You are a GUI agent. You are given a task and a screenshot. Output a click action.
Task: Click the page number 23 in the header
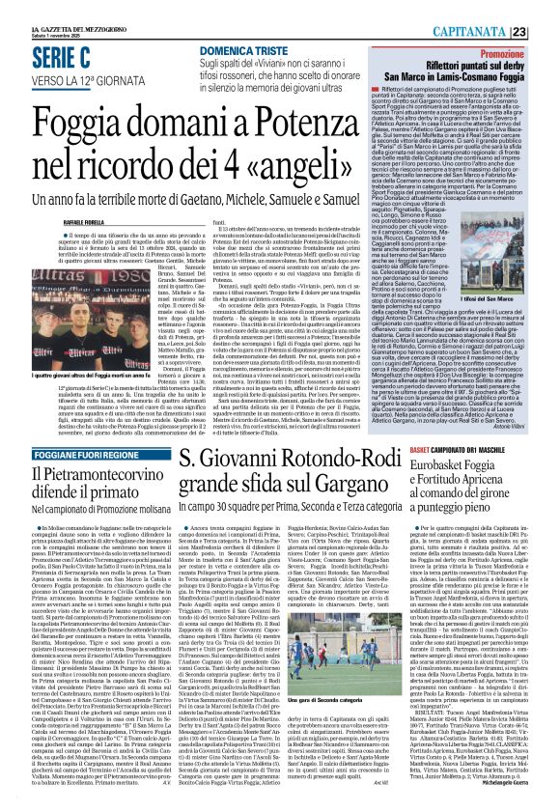pos(546,33)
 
